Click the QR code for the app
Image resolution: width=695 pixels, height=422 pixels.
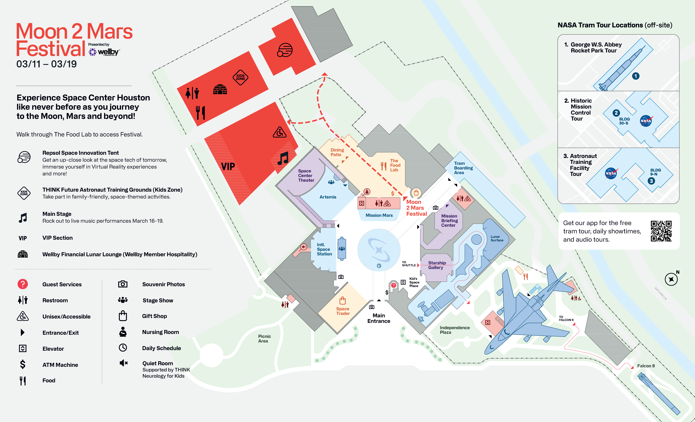point(661,231)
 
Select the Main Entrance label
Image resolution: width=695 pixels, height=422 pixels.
point(379,318)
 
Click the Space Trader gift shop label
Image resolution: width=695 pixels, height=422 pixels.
point(343,311)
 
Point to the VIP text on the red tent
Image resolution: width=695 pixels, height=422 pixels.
point(228,166)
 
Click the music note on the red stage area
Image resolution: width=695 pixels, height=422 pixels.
point(283,158)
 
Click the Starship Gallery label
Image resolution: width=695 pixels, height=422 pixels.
point(437,265)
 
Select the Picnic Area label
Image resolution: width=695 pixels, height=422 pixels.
point(264,338)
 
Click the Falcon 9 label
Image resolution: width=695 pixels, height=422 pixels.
point(646,366)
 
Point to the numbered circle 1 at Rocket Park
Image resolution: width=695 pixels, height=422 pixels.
point(635,76)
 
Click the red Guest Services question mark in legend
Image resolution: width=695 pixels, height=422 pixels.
point(23,284)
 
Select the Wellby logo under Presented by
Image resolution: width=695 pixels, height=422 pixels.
point(104,52)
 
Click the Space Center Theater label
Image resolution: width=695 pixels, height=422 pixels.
point(306,175)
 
